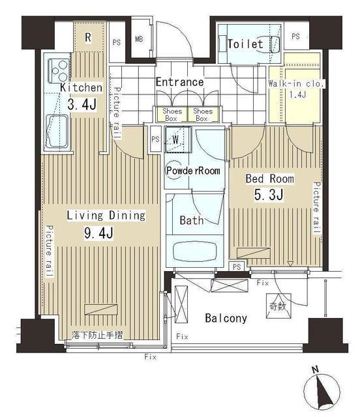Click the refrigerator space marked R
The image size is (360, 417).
[89, 38]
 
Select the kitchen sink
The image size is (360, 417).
[57, 131]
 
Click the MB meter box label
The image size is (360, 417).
[140, 39]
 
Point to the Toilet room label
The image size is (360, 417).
[245, 44]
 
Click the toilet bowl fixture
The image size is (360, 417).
[275, 44]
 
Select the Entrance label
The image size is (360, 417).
[180, 82]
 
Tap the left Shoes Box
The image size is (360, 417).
[172, 115]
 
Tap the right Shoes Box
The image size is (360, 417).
[203, 115]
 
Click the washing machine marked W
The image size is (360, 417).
[178, 139]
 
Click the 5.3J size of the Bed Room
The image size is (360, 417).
[269, 194]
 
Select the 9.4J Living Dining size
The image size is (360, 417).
[98, 233]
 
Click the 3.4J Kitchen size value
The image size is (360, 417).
[82, 104]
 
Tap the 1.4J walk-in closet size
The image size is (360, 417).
[297, 94]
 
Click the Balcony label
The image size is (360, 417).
[226, 318]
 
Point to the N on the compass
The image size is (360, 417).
[315, 369]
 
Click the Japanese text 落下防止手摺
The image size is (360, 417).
[97, 335]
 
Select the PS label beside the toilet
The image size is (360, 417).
[295, 36]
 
